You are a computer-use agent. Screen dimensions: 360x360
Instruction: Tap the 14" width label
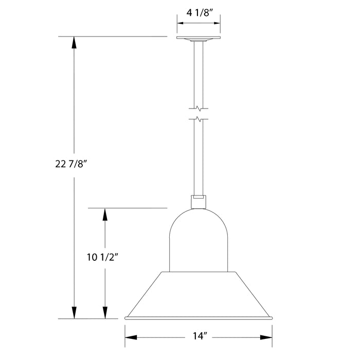pos(199,337)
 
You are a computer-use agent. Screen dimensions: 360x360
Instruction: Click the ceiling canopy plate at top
pos(199,39)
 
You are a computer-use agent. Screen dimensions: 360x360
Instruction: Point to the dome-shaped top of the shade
pos(199,237)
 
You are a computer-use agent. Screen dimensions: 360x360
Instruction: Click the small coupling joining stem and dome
pos(199,201)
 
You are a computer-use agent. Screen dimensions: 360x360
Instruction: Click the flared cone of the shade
pos(199,293)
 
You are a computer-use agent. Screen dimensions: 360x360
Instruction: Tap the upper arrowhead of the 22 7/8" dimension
pos(75,42)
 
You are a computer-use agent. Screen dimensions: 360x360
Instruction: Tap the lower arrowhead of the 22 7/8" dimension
pos(75,313)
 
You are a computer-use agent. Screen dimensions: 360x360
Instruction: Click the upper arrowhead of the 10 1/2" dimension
pos(106,214)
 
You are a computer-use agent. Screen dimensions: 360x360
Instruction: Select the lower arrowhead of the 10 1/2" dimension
pos(106,313)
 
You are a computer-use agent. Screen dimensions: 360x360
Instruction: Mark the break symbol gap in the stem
pos(199,114)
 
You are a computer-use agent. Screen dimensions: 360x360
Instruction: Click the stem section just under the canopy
pos(199,72)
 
